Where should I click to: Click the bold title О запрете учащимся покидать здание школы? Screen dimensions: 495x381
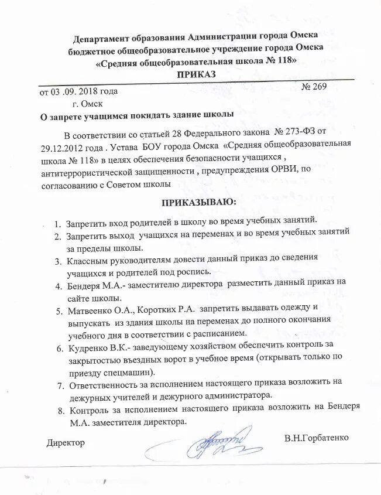136,115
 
